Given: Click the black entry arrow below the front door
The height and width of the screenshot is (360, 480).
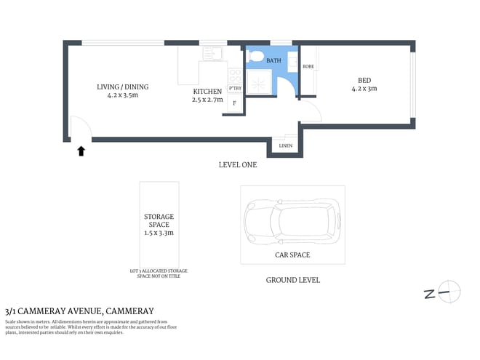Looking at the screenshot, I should coord(81,151).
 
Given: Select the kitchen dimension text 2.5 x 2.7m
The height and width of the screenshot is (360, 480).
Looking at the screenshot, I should coord(207,99).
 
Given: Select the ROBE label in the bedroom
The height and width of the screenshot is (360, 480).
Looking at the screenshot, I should coord(308,66).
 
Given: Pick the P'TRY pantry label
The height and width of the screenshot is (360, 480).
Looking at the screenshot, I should coord(235,89).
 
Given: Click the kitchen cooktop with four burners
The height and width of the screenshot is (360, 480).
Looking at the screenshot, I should coord(235,75).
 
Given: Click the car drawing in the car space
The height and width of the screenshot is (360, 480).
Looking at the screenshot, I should coord(292,223).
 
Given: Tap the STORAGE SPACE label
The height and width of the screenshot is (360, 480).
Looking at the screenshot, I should coord(159,221).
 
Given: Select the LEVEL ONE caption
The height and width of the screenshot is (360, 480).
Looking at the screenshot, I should coord(238,165).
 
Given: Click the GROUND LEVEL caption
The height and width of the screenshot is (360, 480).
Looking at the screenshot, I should coord(292,280).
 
